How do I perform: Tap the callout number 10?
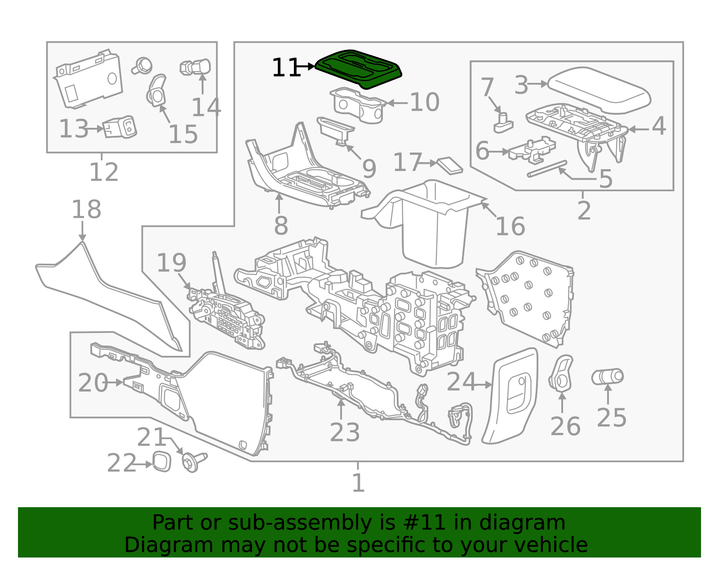click(424, 103)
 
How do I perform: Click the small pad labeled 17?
click(450, 165)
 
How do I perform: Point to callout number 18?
click(86, 210)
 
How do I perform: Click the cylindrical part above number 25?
click(607, 377)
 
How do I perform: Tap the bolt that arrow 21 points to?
click(193, 462)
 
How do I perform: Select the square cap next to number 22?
click(162, 462)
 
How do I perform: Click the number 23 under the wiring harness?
click(345, 432)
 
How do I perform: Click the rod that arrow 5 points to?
click(547, 169)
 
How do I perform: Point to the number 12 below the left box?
click(104, 172)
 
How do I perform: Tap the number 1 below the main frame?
click(358, 483)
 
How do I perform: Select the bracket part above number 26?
click(561, 373)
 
